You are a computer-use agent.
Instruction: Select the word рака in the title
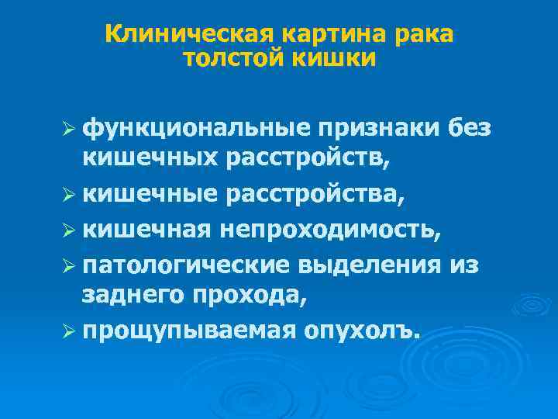[425, 35]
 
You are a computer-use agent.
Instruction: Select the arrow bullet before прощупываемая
[70, 331]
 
